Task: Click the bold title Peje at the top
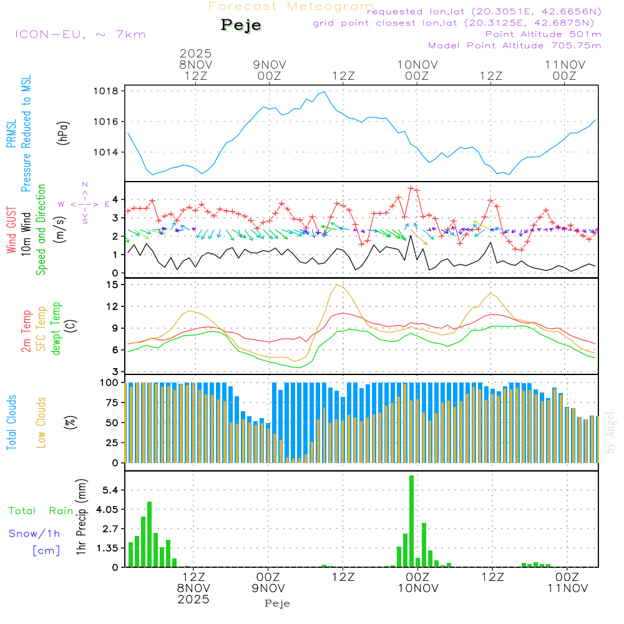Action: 241,26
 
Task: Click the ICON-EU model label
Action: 80,34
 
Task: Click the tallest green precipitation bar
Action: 411,521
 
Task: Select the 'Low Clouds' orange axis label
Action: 41,422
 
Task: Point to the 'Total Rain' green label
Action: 41,510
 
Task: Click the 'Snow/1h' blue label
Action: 34,533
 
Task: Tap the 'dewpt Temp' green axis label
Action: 56,329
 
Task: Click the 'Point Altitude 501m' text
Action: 543,34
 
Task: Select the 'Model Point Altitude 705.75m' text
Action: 514,46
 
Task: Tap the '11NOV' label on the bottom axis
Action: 566,588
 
